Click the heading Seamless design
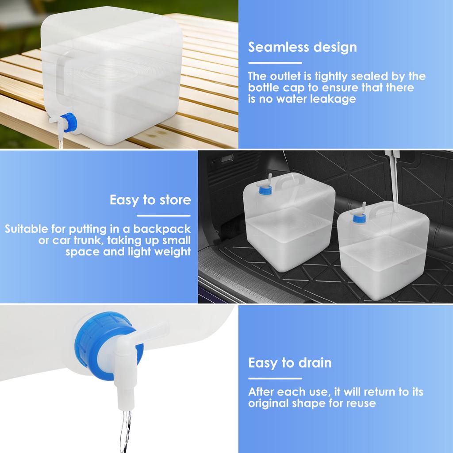click(x=302, y=47)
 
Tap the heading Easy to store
click(x=150, y=200)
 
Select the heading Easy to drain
click(x=290, y=363)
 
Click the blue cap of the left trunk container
click(x=265, y=190)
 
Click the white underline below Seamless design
click(x=275, y=63)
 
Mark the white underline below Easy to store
click(x=164, y=215)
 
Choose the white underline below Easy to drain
click(x=275, y=379)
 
